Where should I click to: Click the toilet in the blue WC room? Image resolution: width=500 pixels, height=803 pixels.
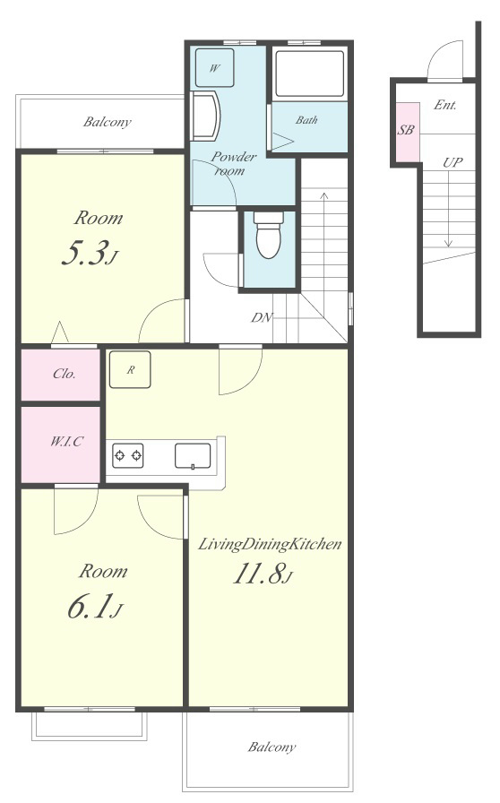point(269,235)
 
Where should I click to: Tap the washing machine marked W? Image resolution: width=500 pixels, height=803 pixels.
point(215,67)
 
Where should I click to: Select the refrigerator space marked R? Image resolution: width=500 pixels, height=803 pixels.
point(130,369)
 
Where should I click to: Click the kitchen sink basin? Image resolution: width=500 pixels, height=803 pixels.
point(193,456)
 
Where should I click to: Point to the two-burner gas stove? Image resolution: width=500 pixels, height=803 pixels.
point(127,455)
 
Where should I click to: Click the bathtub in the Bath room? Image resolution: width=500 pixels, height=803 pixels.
point(309,73)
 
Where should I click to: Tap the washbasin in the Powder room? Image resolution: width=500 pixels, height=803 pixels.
point(205,117)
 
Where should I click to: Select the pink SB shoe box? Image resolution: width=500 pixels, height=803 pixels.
point(408,132)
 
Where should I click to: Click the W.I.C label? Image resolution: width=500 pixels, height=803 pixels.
point(66,442)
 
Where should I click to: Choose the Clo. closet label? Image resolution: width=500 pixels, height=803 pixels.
point(65,374)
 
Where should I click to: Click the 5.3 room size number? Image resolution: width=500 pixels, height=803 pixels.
point(85,254)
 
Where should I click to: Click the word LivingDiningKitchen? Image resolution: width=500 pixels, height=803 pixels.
point(270,544)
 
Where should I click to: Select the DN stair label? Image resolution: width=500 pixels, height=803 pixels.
point(262,317)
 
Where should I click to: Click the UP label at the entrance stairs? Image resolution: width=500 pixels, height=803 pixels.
point(453,163)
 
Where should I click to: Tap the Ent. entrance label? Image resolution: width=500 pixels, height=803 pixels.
point(444,105)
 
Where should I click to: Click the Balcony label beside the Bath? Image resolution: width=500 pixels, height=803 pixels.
point(108,122)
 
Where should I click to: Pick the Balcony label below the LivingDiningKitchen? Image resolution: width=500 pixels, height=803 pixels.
point(272,747)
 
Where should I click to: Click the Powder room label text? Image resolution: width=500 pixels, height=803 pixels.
point(234,163)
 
